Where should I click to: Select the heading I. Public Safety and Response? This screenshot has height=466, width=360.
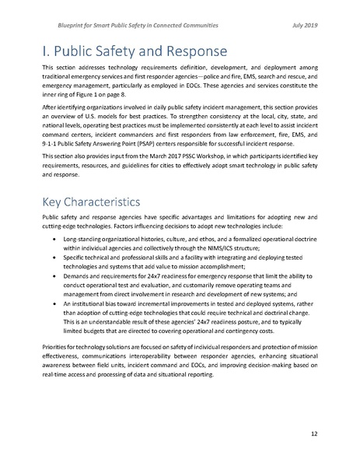click(x=135, y=52)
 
